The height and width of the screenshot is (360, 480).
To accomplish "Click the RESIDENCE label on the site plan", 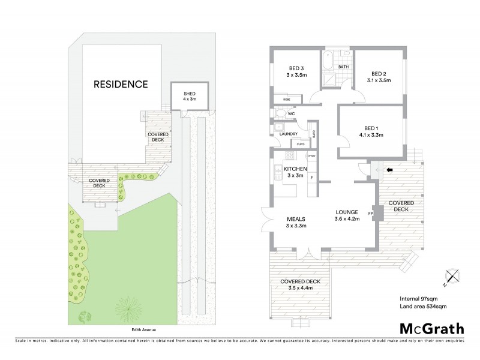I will tap(121, 84).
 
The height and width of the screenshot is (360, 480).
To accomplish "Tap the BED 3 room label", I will tap(296, 72).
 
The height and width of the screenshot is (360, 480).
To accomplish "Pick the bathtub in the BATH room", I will tap(327, 61).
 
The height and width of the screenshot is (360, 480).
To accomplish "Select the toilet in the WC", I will tap(280, 113).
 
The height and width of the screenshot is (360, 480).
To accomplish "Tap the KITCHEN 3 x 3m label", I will tap(295, 172).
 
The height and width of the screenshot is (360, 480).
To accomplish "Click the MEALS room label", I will tap(296, 222).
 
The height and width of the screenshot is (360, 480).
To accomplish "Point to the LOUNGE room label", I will tap(347, 215).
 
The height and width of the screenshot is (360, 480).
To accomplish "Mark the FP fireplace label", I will tap(370, 212).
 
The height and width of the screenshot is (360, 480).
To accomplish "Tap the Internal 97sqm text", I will tap(418, 299).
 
